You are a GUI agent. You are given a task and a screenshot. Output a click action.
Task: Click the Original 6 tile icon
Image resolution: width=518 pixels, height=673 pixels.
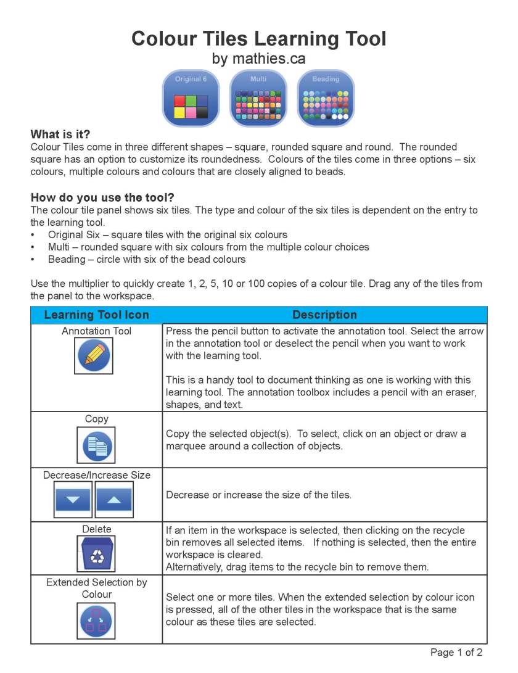point(191,98)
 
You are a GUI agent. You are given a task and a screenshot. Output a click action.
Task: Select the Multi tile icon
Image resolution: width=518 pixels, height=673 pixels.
point(258,98)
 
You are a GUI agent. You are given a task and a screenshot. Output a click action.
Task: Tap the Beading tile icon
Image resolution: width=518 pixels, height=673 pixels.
point(326,98)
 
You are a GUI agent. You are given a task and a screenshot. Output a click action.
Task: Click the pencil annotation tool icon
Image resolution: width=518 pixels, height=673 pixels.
point(94,356)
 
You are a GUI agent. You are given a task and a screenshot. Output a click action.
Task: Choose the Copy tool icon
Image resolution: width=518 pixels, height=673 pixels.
point(96,445)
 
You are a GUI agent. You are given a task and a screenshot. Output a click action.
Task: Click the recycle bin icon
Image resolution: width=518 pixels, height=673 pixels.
point(96,553)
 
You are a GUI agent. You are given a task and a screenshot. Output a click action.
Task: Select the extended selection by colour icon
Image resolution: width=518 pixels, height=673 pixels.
point(96,620)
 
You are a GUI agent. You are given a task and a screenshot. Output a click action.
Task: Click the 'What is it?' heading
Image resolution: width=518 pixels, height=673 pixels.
point(65,134)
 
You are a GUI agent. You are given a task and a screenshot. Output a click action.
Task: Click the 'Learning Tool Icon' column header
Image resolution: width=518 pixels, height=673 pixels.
point(96,315)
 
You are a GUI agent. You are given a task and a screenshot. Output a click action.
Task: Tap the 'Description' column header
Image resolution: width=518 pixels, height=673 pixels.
point(324,315)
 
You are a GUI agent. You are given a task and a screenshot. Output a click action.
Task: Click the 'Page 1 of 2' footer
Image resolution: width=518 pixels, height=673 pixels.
point(456,653)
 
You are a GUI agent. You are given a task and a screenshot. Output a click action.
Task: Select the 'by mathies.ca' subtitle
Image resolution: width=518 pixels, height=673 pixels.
point(258,59)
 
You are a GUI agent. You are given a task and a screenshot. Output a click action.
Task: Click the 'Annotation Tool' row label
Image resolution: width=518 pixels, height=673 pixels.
point(96,331)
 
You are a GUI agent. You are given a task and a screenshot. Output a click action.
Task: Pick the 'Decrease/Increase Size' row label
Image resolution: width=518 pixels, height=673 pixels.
point(96,476)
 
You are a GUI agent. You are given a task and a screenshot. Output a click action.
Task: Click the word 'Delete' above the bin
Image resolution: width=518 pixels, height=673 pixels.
point(96,529)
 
